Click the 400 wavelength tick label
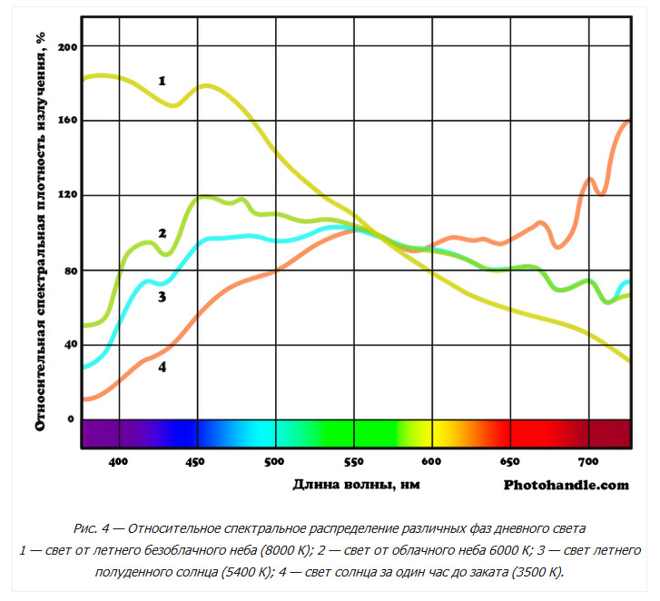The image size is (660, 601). point(117,461)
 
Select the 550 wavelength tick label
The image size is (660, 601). point(353,461)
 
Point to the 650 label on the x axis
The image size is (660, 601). point(510,461)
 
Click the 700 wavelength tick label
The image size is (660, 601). point(588,461)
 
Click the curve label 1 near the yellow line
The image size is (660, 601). point(162,81)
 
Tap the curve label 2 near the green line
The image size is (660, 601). point(162,233)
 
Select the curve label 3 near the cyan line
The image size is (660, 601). point(162,297)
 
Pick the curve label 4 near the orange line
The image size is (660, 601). point(162,368)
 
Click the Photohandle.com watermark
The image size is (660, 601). point(566,485)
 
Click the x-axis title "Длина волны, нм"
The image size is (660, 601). point(356,485)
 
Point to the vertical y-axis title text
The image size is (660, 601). point(41,231)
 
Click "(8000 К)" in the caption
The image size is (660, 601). point(284,550)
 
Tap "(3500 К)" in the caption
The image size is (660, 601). point(533,572)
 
